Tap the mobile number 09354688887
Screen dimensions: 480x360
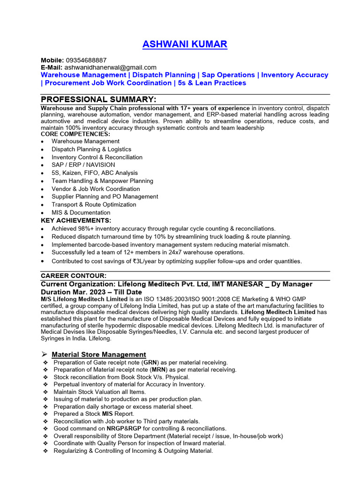click(x=86, y=60)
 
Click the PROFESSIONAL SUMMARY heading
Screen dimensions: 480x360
click(x=98, y=99)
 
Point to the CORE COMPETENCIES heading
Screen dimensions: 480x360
click(x=75, y=134)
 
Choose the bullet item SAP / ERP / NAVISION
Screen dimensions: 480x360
click(x=83, y=165)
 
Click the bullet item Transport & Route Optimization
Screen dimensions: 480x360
click(x=94, y=205)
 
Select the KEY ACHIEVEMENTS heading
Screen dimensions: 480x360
click(x=76, y=220)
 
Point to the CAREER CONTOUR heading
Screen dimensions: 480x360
click(x=74, y=276)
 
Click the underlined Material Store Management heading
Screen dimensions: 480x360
click(x=98, y=354)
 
